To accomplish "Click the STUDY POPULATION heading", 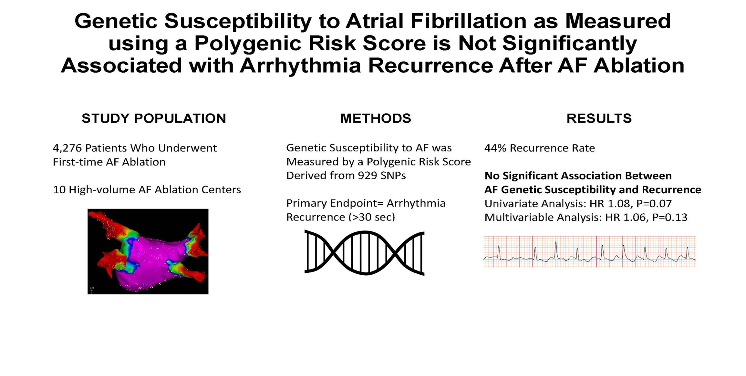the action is coord(154,118).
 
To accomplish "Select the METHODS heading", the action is coord(376,118).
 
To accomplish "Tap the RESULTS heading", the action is coord(599,118).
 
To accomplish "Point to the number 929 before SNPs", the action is coord(368,176).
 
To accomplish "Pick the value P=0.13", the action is coord(670,218).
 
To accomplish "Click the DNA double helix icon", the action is coord(364,253).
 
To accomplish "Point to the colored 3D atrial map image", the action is coord(148,251).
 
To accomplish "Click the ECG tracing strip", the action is coord(589,251).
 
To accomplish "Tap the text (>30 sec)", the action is coord(372,217).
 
